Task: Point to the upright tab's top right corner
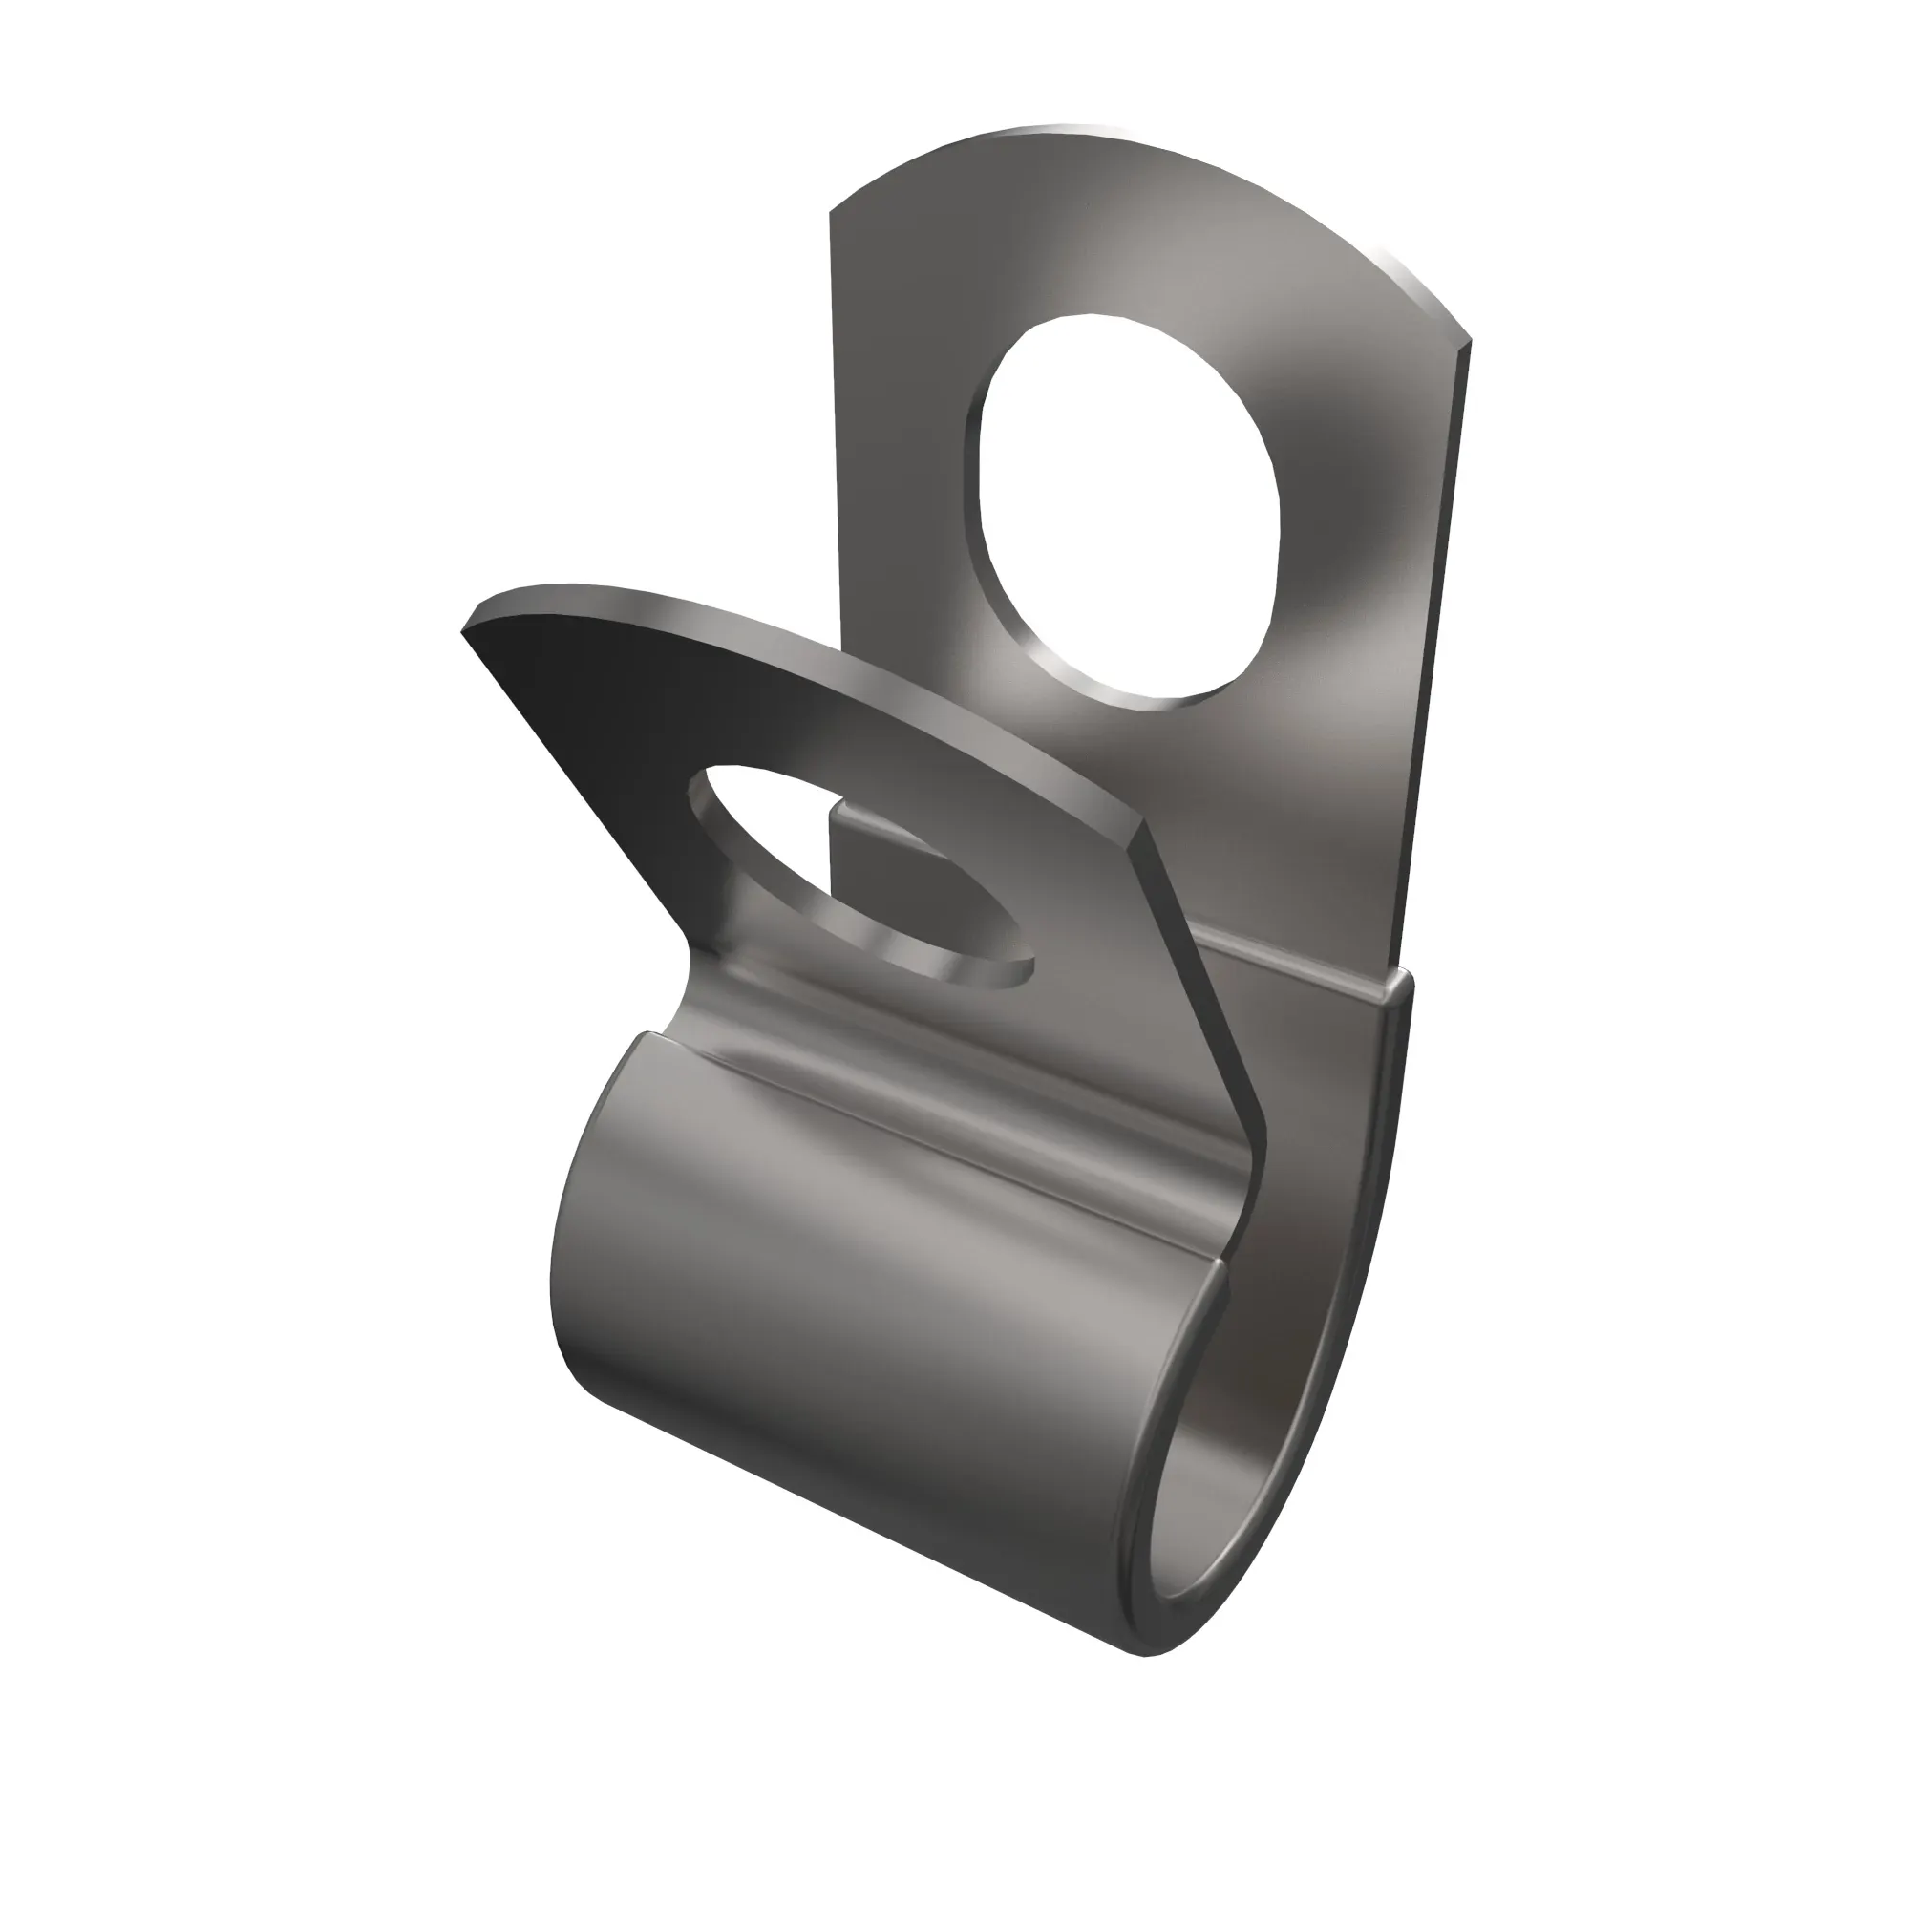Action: (x=1469, y=341)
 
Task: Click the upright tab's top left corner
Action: (x=831, y=209)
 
